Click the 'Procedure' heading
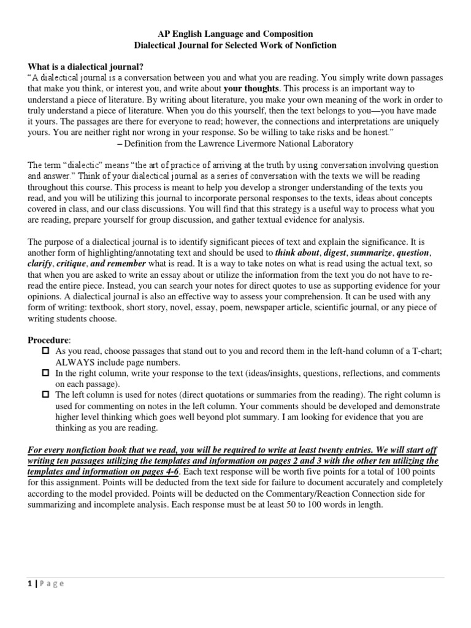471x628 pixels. tap(49, 340)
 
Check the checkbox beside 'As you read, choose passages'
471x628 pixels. tap(45, 351)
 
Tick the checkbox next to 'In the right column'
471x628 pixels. tap(45, 373)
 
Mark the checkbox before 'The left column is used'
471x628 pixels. tap(45, 395)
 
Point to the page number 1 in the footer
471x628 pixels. tap(31, 583)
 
